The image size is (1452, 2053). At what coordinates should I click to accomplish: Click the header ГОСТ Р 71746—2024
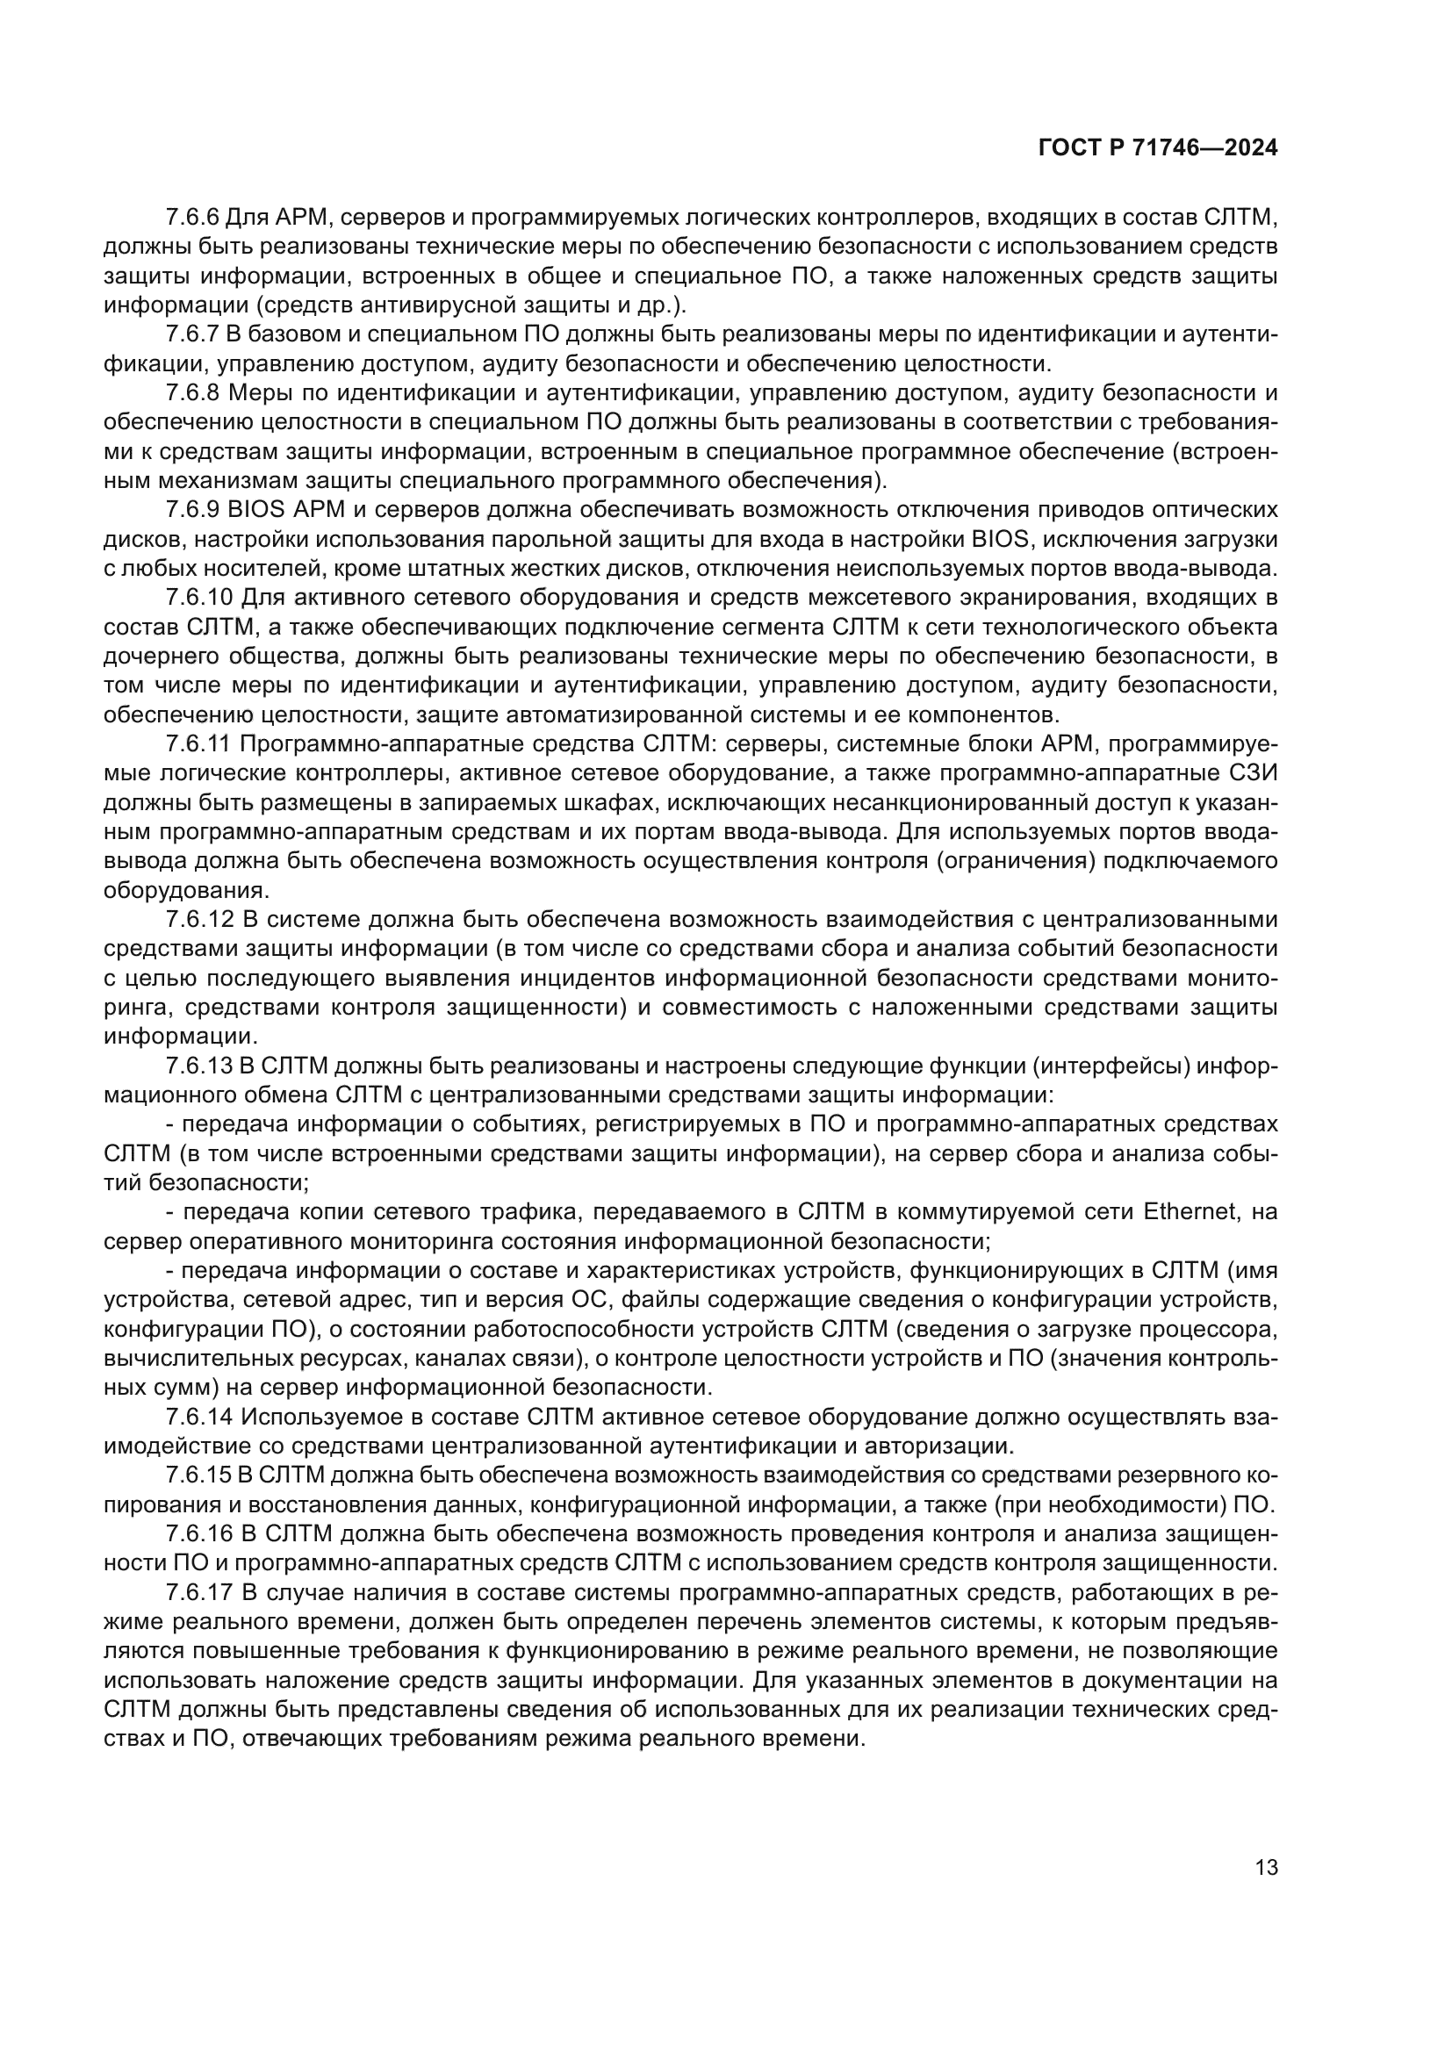(x=1158, y=148)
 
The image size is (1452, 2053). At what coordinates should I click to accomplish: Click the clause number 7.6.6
(x=192, y=218)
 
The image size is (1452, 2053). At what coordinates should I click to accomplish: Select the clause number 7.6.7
(x=192, y=334)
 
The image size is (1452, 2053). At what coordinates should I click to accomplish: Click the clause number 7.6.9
(x=192, y=510)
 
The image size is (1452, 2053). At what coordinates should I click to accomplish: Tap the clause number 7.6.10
(x=198, y=598)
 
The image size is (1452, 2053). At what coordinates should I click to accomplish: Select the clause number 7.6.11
(x=198, y=744)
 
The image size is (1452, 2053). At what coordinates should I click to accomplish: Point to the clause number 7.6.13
(x=198, y=1066)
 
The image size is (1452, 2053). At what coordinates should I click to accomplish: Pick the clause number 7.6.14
(x=198, y=1417)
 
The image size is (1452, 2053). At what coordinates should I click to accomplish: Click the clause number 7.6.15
(x=198, y=1475)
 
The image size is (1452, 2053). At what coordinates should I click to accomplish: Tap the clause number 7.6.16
(x=198, y=1533)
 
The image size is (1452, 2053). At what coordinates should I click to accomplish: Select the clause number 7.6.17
(x=198, y=1591)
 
